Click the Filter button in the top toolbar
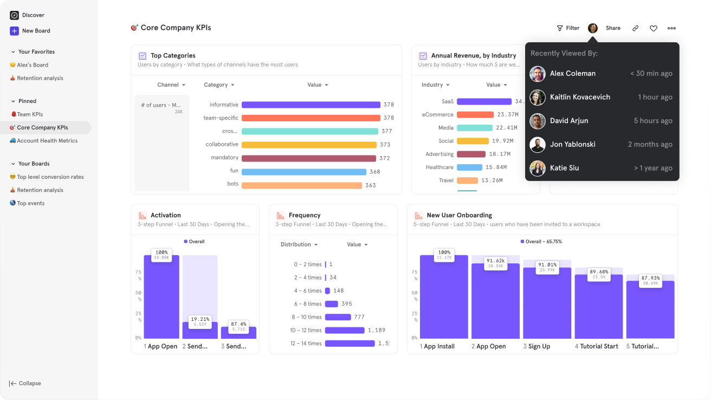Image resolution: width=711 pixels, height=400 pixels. pos(568,28)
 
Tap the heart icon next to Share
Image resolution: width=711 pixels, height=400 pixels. pos(653,28)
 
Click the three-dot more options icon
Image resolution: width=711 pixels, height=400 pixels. pos(671,28)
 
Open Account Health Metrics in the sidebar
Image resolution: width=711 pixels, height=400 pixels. pos(47,141)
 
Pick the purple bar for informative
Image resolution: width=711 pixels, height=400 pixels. pos(311,105)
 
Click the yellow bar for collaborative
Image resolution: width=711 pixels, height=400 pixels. pos(309,145)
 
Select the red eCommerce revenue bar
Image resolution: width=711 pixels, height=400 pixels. pos(475,115)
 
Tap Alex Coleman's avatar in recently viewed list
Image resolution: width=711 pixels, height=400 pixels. pos(538,74)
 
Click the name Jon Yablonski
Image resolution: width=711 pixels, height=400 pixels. pos(572,145)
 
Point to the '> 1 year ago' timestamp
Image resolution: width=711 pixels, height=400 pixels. pos(653,168)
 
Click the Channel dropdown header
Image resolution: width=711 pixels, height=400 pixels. pos(171,85)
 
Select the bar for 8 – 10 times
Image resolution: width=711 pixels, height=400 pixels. pos(338,317)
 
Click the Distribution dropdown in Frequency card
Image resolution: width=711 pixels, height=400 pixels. pos(299,244)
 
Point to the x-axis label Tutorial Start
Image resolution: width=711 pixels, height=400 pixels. pos(599,346)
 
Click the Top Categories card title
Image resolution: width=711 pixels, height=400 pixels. pos(173,56)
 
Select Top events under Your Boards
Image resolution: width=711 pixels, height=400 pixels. pos(30,203)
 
